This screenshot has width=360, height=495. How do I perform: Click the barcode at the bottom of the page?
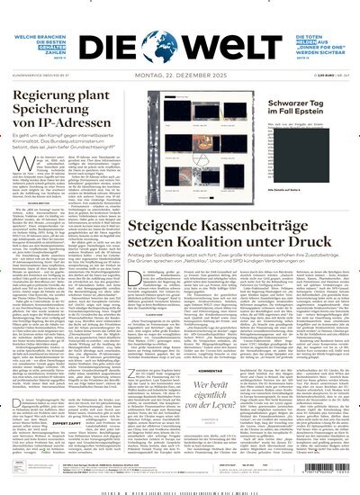click(179, 490)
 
